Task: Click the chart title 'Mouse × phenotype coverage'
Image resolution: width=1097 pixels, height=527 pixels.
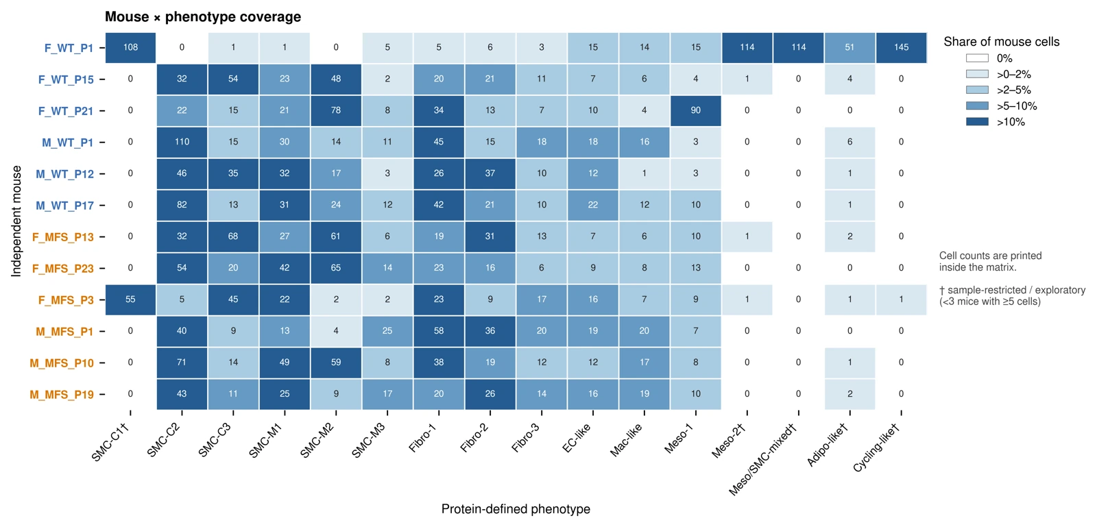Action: click(x=203, y=16)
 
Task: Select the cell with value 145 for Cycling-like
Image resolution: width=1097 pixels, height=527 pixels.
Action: click(x=901, y=47)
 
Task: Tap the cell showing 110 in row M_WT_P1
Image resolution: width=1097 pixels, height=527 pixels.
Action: click(x=182, y=142)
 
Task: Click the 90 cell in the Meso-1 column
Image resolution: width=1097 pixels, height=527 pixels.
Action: click(x=695, y=110)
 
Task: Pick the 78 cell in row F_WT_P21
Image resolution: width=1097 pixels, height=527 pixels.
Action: click(x=336, y=110)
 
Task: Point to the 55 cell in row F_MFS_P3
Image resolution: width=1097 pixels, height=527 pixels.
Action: click(x=130, y=299)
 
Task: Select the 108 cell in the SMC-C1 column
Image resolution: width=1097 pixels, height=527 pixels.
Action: click(x=130, y=47)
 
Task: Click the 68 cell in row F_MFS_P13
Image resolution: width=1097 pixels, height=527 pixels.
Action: click(x=233, y=236)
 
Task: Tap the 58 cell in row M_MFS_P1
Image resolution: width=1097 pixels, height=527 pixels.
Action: click(x=439, y=331)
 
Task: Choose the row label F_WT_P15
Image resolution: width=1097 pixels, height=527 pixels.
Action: click(x=66, y=79)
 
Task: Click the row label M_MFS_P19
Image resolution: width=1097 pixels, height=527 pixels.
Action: click(x=61, y=395)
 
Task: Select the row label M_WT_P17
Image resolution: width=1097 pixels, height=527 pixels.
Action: click(x=64, y=206)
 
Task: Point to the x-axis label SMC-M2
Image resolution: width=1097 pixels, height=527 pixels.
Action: click(x=317, y=441)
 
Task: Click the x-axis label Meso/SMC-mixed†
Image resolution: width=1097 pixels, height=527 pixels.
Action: click(x=763, y=460)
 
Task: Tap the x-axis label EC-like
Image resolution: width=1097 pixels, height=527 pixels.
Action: click(x=577, y=437)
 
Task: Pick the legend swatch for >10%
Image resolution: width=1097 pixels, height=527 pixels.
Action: click(x=977, y=123)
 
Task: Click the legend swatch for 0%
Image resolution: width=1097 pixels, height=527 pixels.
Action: click(x=977, y=58)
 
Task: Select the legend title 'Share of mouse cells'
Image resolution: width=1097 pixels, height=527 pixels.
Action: click(x=1002, y=42)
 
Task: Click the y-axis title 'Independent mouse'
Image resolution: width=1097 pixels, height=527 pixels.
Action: click(x=16, y=221)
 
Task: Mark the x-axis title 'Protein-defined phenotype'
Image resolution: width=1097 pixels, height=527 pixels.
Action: click(x=516, y=509)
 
